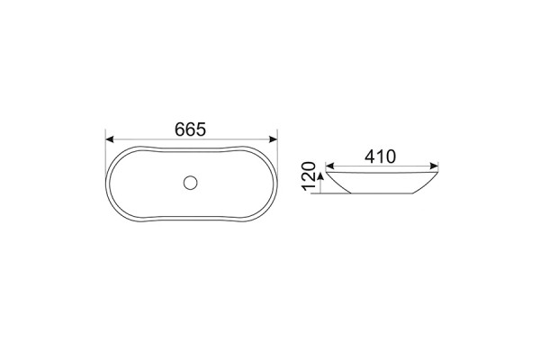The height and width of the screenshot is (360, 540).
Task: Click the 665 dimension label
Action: pos(190,130)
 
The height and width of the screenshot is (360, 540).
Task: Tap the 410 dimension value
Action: pos(380,157)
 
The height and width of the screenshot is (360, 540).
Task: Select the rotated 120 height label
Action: pos(309,176)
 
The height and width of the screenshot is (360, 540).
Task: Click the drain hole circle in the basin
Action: pos(191,183)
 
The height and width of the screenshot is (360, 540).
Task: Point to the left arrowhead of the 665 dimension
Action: pos(109,139)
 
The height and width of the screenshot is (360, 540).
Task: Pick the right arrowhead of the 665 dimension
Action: pos(273,139)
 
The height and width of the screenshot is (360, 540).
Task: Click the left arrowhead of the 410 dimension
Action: pos(329,166)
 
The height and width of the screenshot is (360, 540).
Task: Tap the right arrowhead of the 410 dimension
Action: pos(434,166)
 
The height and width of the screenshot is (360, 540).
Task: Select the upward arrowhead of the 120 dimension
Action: pos(320,176)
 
